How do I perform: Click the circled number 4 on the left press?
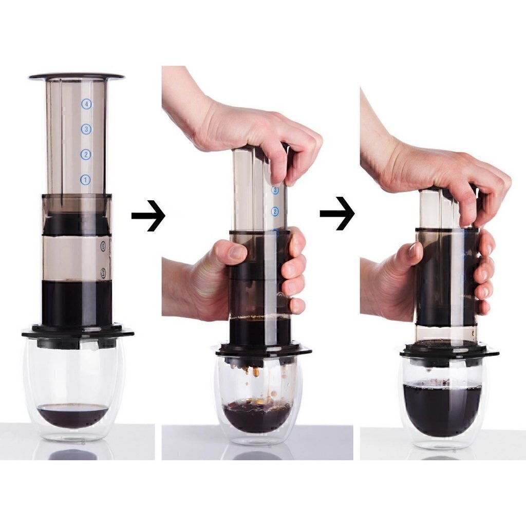pyautogui.click(x=86, y=104)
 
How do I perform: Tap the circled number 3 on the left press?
pyautogui.click(x=86, y=129)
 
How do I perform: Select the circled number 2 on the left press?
pyautogui.click(x=86, y=154)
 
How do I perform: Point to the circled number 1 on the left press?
pyautogui.click(x=86, y=180)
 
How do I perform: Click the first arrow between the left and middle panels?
pyautogui.click(x=148, y=215)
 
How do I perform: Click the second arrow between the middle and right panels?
pyautogui.click(x=337, y=212)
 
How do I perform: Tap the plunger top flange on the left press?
pyautogui.click(x=77, y=77)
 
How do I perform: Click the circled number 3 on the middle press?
pyautogui.click(x=275, y=190)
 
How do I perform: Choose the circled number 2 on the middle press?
pyautogui.click(x=275, y=211)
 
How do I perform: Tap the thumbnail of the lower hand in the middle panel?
pyautogui.click(x=237, y=252)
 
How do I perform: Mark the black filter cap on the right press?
pyautogui.click(x=448, y=352)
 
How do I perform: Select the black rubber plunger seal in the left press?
pyautogui.click(x=77, y=224)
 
